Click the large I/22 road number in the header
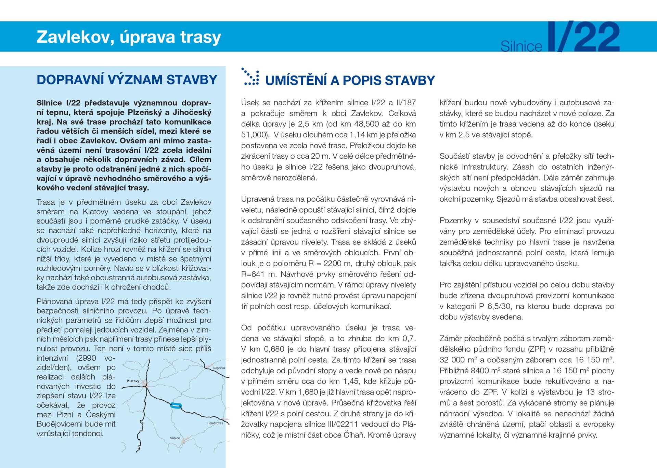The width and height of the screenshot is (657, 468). click(x=584, y=37)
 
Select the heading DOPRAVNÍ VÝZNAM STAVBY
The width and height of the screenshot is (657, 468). click(x=127, y=80)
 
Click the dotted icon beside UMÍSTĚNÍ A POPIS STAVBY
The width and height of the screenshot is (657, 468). click(x=250, y=76)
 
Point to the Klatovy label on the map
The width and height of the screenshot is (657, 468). click(x=133, y=381)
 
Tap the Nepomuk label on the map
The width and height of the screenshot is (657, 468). click(x=219, y=368)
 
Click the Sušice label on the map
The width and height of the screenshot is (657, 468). click(x=175, y=438)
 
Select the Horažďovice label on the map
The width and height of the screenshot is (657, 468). click(x=215, y=423)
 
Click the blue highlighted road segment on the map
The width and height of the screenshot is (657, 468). click(x=176, y=406)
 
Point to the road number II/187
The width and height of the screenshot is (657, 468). click(x=406, y=103)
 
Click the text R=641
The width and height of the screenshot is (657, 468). click(x=254, y=274)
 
